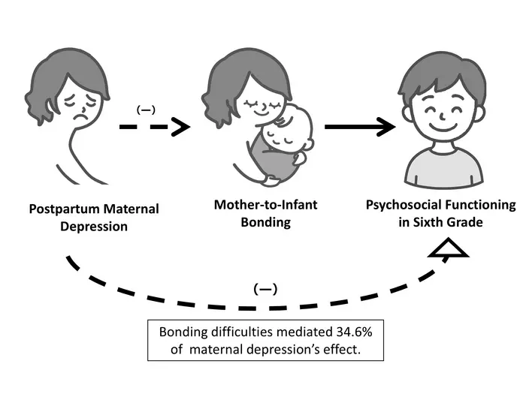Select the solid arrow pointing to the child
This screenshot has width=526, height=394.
361,127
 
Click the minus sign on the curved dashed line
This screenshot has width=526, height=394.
264,288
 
